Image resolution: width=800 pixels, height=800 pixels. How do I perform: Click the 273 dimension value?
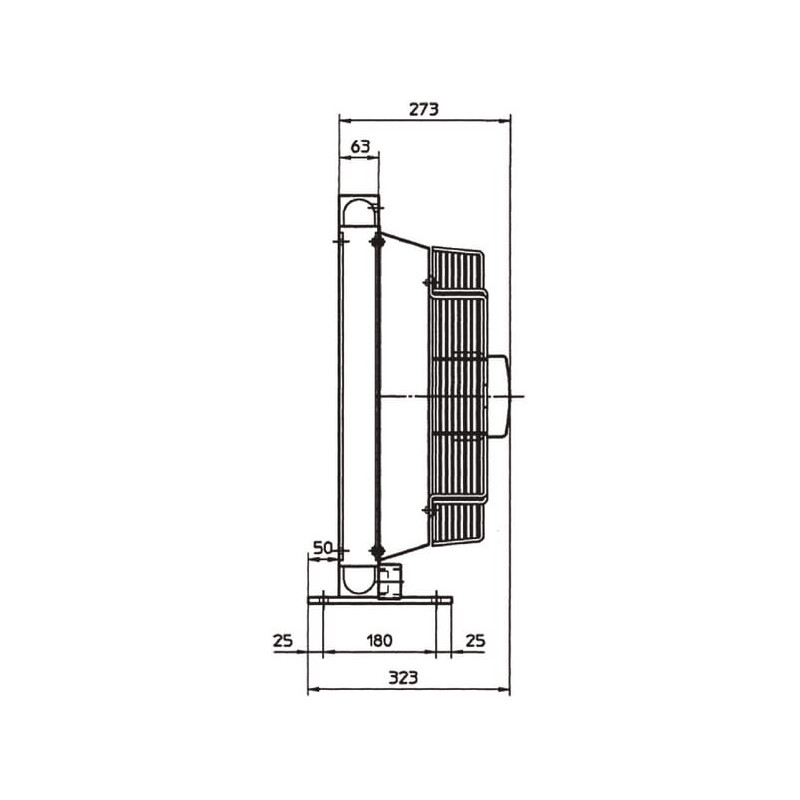coord(423,109)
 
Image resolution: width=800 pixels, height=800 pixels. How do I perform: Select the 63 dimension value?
coord(360,146)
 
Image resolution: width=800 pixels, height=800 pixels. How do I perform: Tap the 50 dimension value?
coord(322,548)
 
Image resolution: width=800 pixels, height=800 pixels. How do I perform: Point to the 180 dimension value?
coord(380,640)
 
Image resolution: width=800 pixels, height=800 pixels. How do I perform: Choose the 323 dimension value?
coord(403,678)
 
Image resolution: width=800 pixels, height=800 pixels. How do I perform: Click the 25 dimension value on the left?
coord(283,640)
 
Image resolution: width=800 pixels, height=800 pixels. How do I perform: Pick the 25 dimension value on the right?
coord(475,640)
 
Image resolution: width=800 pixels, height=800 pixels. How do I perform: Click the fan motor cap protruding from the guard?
coord(499,396)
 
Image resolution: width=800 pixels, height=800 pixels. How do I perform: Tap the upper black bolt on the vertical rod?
coord(377,240)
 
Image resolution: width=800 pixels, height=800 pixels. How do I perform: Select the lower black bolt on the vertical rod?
coord(377,551)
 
